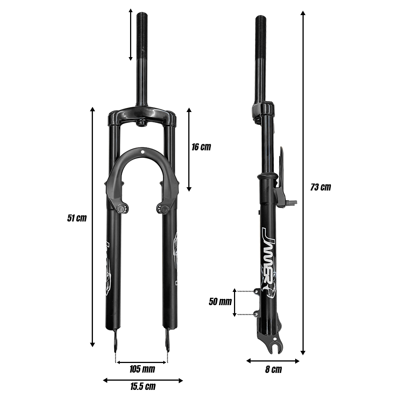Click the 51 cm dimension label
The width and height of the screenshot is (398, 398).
(x=77, y=218)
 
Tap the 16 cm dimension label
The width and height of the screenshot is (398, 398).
(x=201, y=147)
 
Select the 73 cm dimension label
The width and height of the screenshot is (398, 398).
(x=321, y=187)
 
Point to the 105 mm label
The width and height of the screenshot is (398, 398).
(x=142, y=369)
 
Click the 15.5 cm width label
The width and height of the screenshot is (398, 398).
(x=143, y=387)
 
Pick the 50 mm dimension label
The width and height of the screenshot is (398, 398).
(x=220, y=301)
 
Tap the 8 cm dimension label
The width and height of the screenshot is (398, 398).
(x=273, y=370)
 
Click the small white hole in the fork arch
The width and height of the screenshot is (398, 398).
(x=143, y=152)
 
